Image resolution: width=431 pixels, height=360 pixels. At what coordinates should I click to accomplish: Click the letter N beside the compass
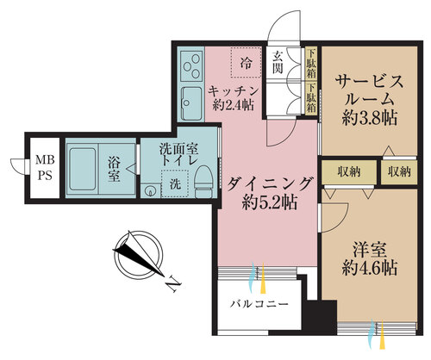click(174, 283)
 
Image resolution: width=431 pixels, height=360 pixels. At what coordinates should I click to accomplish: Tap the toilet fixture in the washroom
click(203, 182)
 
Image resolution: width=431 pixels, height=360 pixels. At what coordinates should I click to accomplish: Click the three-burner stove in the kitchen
click(191, 66)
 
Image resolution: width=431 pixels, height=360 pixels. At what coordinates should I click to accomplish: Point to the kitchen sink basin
click(191, 104)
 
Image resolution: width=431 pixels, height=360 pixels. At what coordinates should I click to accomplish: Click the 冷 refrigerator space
click(246, 62)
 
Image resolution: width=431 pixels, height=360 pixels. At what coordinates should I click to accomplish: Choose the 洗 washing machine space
click(175, 183)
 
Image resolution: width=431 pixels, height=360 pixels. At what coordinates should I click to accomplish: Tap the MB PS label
click(45, 167)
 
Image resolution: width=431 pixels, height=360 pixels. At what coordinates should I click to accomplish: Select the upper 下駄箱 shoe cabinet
click(311, 64)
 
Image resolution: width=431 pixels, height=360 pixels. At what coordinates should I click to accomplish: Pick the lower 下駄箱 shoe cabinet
click(311, 98)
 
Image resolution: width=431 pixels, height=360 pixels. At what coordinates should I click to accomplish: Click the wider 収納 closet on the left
click(349, 172)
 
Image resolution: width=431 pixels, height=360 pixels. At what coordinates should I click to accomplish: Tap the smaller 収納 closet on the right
click(399, 172)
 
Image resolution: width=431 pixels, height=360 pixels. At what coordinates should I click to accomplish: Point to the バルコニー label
click(259, 304)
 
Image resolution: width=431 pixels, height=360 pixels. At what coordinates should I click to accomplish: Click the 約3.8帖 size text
click(370, 118)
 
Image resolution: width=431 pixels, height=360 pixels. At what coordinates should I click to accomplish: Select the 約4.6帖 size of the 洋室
click(370, 268)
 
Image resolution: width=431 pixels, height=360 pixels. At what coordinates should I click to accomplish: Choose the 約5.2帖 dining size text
click(269, 202)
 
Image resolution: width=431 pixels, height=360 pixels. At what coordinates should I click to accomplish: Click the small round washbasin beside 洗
click(150, 190)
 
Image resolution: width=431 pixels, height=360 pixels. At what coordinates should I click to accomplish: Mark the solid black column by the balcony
click(321, 317)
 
